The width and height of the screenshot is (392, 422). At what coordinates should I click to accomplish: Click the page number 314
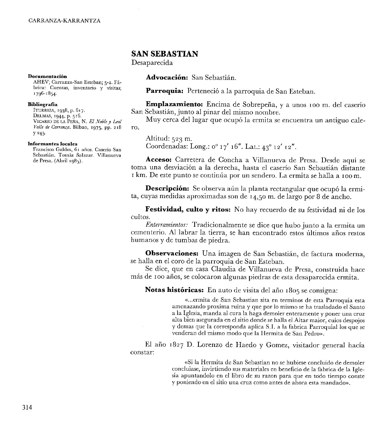click(x=27, y=407)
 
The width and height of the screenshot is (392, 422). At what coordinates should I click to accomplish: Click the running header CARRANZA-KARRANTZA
click(x=64, y=21)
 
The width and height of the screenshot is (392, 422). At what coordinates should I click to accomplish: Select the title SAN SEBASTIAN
click(x=165, y=54)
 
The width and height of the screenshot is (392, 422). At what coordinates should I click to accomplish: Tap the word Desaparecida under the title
click(x=152, y=63)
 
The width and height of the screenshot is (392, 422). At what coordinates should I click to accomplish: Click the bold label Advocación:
click(x=167, y=77)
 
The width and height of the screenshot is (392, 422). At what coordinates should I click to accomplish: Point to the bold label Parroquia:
click(x=165, y=91)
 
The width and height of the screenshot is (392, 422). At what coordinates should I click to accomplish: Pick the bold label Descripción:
click(x=167, y=189)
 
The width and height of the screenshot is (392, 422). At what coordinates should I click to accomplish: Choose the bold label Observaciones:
click(x=172, y=253)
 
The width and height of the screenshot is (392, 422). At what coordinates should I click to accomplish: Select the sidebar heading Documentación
click(x=48, y=76)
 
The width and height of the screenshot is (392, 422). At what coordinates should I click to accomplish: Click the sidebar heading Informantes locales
click(x=52, y=144)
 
